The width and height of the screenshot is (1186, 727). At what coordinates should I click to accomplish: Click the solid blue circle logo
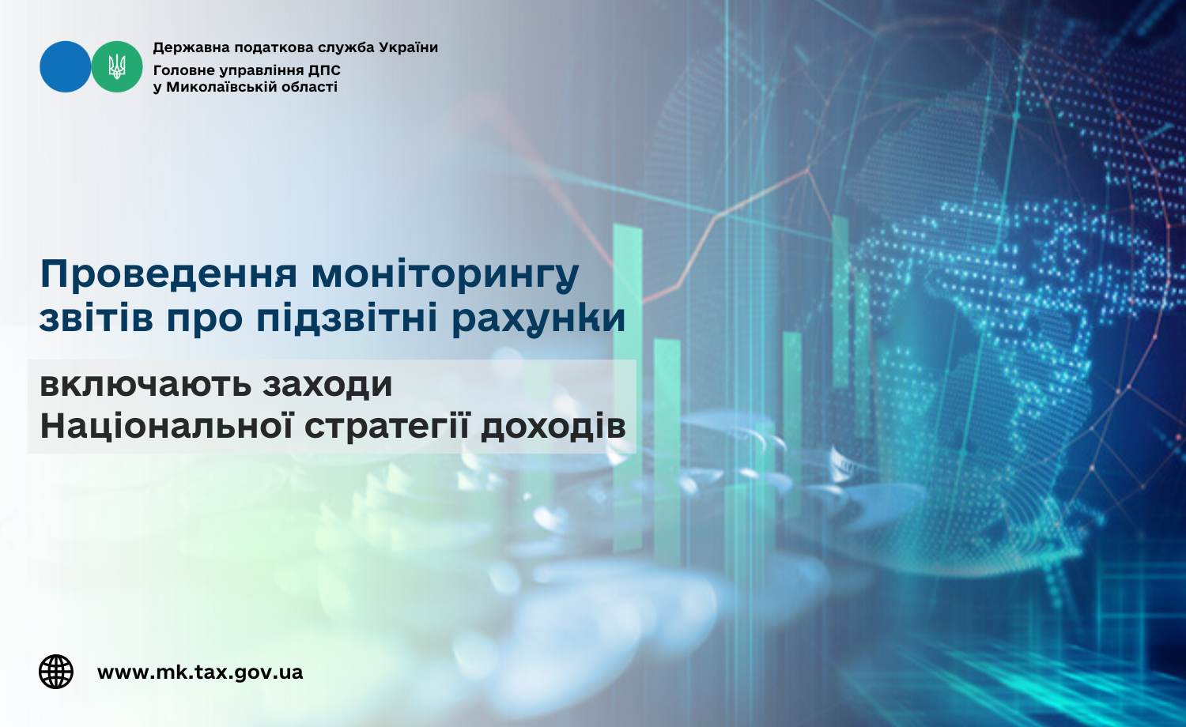tap(65, 66)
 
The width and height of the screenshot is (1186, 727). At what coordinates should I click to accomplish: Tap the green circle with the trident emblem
tap(117, 66)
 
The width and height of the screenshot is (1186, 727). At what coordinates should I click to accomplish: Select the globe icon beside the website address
tap(56, 672)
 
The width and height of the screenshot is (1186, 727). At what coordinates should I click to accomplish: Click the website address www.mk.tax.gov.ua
tap(200, 672)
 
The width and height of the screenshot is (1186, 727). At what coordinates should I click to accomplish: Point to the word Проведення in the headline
tap(168, 275)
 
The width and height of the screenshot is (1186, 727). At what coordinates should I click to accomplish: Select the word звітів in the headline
tap(96, 318)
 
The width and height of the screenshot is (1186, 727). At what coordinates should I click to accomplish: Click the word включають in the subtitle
tap(145, 384)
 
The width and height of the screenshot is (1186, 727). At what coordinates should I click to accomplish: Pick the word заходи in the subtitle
tap(328, 385)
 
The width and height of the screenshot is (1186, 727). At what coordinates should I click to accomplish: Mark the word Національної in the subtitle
tap(167, 425)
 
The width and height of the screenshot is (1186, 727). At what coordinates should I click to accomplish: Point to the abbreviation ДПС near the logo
tap(324, 70)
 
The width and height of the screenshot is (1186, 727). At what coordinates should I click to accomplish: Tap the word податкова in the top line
tap(273, 48)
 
